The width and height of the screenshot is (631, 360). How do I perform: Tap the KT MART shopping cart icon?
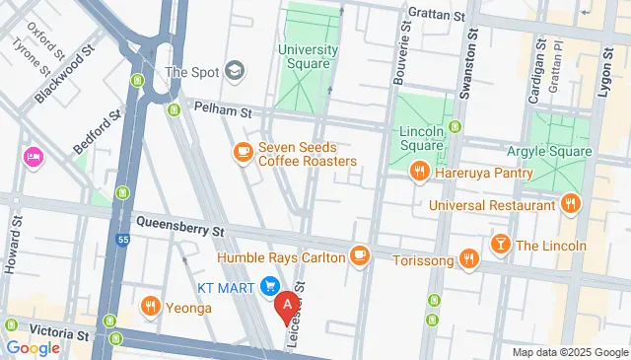[269, 286]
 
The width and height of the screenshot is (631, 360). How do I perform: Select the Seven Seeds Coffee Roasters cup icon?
[242, 152]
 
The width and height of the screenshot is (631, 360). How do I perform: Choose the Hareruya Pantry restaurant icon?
[421, 173]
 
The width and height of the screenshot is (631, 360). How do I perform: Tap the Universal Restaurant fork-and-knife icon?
[569, 205]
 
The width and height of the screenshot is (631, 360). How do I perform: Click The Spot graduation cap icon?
[235, 71]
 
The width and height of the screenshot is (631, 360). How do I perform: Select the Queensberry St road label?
[181, 228]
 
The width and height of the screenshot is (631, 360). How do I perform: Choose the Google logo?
[33, 347]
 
